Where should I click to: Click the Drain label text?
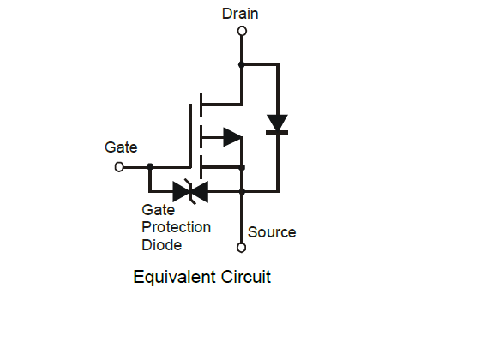[x=240, y=14]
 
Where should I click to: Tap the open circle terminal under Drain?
[x=242, y=31]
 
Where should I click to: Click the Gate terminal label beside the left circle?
[x=121, y=147]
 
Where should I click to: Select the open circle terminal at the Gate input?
[x=119, y=167]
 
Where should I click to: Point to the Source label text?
[x=272, y=232]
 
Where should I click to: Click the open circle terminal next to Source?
[x=241, y=248]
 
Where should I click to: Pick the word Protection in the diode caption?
[x=176, y=227]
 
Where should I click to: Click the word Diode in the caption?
[x=161, y=245]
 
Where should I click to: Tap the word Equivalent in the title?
[x=175, y=277]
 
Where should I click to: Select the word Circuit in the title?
[x=245, y=277]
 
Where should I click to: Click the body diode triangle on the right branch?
[x=277, y=123]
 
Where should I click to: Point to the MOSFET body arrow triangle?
[x=232, y=137]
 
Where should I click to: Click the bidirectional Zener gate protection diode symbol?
[x=190, y=191]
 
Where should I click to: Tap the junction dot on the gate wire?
[x=150, y=166]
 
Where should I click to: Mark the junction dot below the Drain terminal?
[x=242, y=65]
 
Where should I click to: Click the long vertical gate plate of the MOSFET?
[x=190, y=135]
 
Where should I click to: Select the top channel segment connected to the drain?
[x=201, y=105]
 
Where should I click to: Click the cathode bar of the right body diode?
[x=277, y=133]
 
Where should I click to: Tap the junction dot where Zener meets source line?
[x=242, y=191]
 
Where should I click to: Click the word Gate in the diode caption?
[x=158, y=210]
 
